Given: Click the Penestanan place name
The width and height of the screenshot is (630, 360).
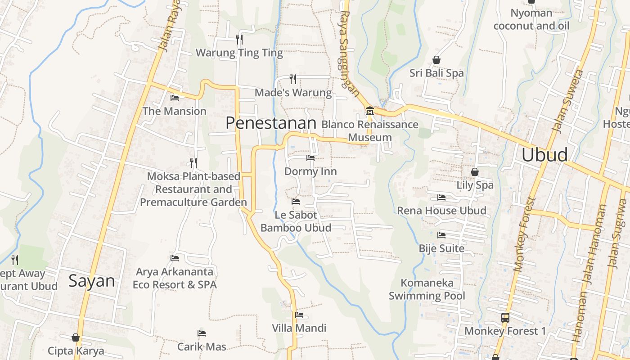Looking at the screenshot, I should point(271,123).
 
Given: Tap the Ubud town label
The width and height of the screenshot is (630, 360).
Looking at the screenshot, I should point(544,155).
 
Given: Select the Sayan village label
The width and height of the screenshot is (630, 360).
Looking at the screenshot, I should point(92,281).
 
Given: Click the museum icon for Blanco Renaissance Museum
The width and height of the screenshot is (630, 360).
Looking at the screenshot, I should point(370,111).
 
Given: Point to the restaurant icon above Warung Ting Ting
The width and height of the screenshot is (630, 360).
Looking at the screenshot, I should point(239,40).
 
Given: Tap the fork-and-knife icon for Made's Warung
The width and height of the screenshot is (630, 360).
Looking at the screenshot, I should point(293,79).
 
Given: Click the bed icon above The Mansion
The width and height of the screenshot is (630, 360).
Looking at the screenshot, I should point(175,98).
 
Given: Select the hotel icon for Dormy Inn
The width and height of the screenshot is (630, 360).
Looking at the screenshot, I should point(310,158).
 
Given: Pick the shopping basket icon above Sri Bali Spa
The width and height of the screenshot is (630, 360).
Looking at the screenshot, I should point(436,60).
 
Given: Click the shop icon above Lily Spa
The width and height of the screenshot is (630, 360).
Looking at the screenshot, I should point(475,172).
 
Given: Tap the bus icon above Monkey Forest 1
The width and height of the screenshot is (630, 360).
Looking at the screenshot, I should point(505,318).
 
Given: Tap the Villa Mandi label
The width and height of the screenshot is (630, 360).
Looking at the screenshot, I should point(299,328).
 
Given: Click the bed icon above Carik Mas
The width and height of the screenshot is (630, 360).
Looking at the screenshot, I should point(202,333).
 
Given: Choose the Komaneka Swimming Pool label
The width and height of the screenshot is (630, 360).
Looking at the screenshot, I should point(427,289).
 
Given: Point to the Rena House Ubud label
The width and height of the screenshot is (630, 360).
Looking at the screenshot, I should point(441,211).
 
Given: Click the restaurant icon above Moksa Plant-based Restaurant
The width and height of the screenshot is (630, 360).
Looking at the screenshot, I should point(193,162).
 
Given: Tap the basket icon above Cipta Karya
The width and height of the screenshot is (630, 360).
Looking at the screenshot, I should point(76,337).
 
